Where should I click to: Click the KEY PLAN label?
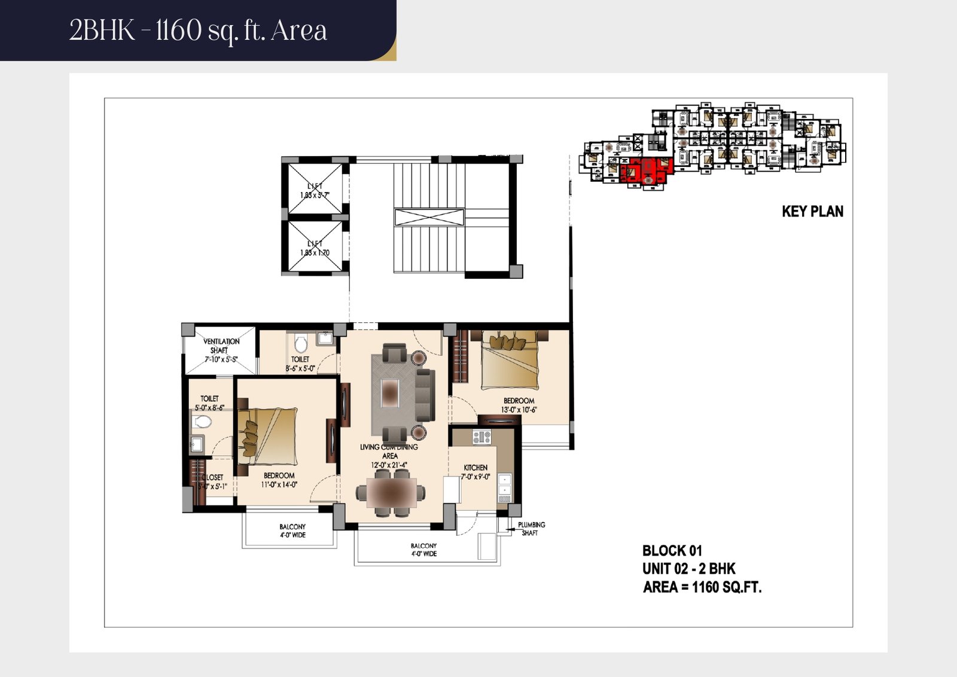tap(812, 212)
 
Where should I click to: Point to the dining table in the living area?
tap(391, 493)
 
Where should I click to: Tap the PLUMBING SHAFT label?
tap(531, 529)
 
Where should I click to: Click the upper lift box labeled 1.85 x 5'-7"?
tap(315, 188)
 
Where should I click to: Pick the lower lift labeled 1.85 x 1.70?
tap(315, 246)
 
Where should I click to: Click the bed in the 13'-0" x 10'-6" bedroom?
tap(510, 359)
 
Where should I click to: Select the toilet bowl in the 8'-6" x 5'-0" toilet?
tap(301, 344)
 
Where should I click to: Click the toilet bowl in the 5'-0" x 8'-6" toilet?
tap(203, 422)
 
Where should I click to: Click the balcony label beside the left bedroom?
tap(292, 531)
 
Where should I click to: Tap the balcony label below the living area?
tap(423, 550)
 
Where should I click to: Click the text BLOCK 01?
tap(672, 551)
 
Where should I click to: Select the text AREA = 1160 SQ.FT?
tap(702, 587)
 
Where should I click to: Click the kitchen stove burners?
tap(482, 437)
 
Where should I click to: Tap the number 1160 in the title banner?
tap(179, 30)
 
